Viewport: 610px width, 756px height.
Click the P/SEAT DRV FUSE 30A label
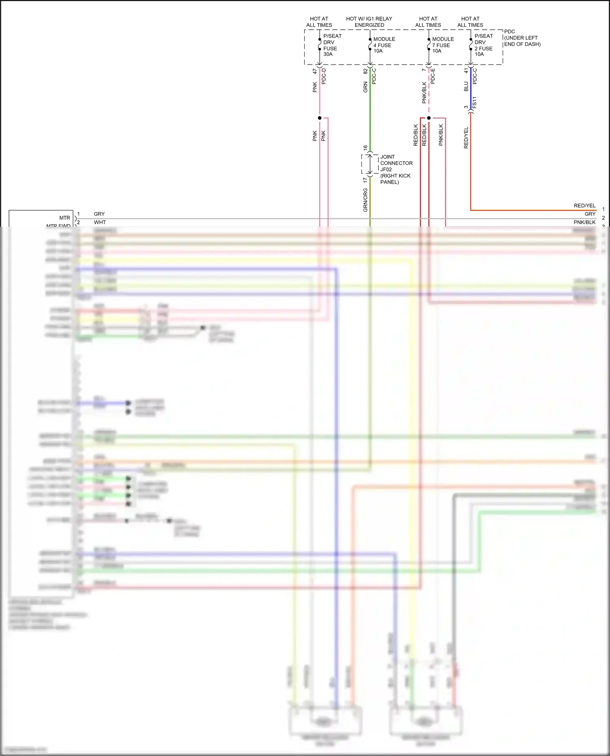pos(332,45)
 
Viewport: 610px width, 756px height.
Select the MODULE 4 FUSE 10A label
pos(383,45)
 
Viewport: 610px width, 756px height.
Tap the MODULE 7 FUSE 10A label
pos(442,45)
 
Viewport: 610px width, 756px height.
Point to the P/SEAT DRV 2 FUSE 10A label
pos(483,45)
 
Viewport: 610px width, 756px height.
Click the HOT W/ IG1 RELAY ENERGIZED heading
pos(369,22)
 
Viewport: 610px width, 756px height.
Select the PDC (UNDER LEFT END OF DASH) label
pos(522,38)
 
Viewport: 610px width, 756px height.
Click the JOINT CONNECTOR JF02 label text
pos(396,169)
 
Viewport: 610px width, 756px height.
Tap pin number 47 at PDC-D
pos(315,71)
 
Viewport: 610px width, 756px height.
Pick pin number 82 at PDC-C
pos(365,71)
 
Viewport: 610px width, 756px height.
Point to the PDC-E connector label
pos(433,76)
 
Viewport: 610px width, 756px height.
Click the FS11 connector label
pos(474,102)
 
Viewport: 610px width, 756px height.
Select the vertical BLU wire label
pos(466,87)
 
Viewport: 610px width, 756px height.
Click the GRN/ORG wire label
pos(365,200)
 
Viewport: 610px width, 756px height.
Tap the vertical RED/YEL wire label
pos(466,138)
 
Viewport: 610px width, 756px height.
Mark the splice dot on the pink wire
pos(320,118)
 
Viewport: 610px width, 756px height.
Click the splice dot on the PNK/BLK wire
pos(429,118)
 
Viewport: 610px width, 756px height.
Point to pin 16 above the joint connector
pos(365,148)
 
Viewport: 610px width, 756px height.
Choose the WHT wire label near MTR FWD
pos(100,222)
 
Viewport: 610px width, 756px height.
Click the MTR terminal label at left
pos(65,218)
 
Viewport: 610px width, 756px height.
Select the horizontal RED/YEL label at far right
pos(584,206)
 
